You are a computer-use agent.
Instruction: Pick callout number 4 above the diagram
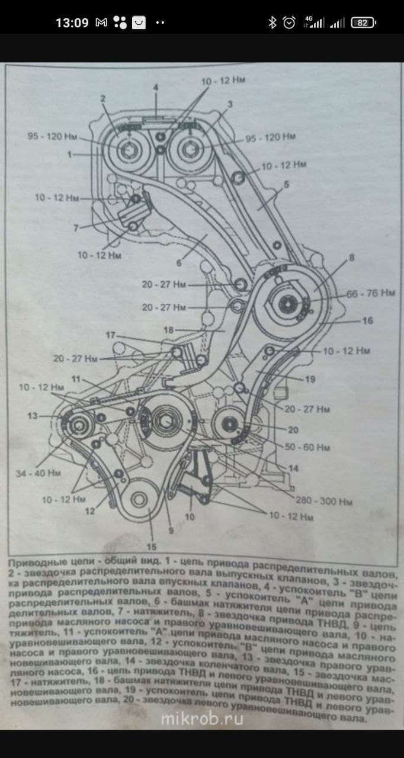point(156,87)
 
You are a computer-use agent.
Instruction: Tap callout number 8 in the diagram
point(351,258)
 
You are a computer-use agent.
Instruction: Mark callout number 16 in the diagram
point(367,320)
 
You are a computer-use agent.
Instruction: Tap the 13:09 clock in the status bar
point(72,23)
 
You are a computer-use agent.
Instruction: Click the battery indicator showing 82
point(363,23)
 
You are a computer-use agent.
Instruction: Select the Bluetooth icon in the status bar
point(272,23)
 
